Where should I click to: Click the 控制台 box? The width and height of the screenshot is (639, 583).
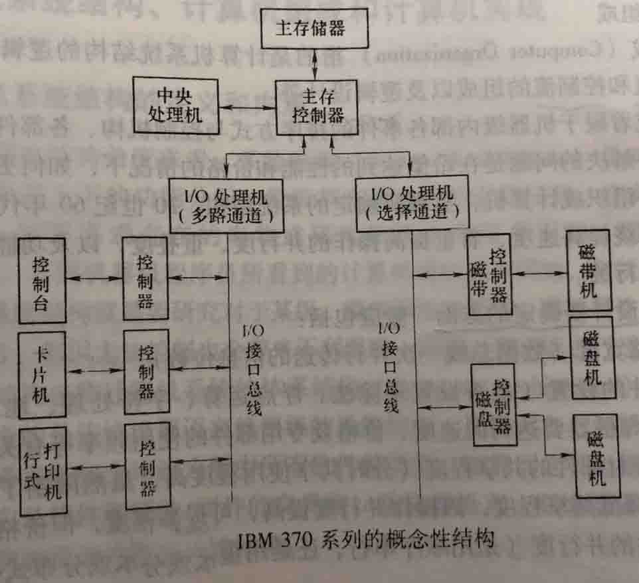(43, 283)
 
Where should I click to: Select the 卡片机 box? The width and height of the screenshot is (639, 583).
(42, 375)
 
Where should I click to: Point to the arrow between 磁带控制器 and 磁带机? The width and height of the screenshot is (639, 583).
(539, 272)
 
